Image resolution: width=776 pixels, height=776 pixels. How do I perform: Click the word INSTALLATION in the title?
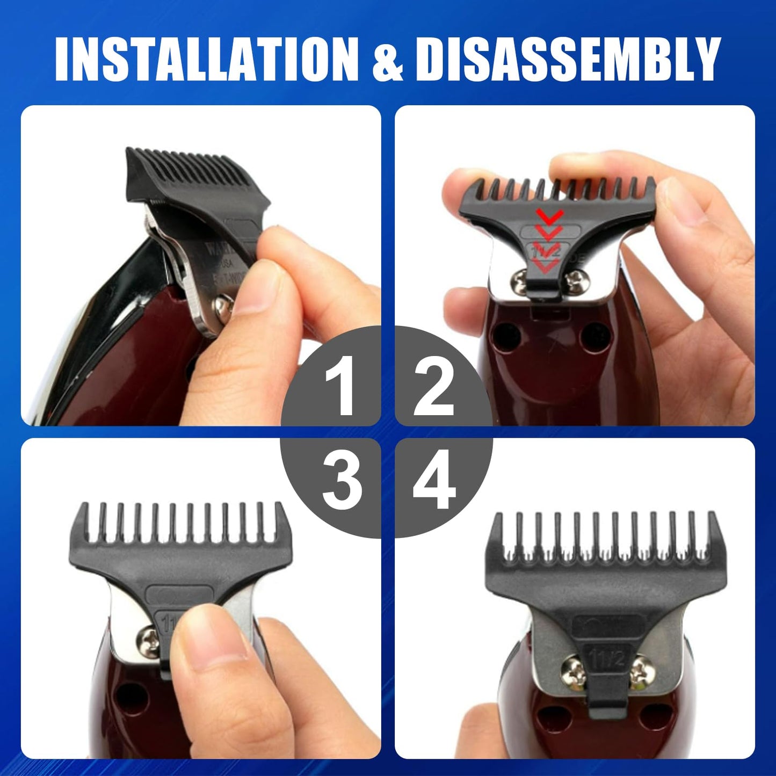[206, 60]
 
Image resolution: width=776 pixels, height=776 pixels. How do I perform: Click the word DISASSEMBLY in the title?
[567, 60]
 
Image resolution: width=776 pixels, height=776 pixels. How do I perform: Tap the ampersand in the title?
[388, 61]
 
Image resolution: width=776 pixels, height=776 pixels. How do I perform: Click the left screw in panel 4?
[571, 669]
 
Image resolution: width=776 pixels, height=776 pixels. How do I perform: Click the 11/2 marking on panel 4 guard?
[607, 657]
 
